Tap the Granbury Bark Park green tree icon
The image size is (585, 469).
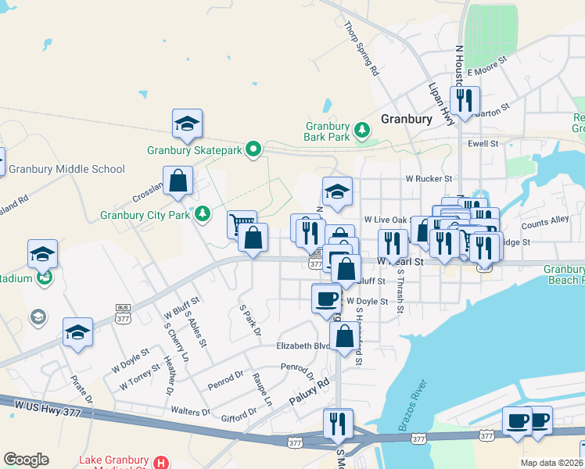361,129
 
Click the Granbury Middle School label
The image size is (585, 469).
66,169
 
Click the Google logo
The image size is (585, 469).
26,460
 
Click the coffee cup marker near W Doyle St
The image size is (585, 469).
326,298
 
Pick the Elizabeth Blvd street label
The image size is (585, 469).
302,345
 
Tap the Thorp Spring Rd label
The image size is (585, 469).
361,48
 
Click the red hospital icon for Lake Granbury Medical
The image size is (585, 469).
161,463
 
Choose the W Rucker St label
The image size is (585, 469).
429,178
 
